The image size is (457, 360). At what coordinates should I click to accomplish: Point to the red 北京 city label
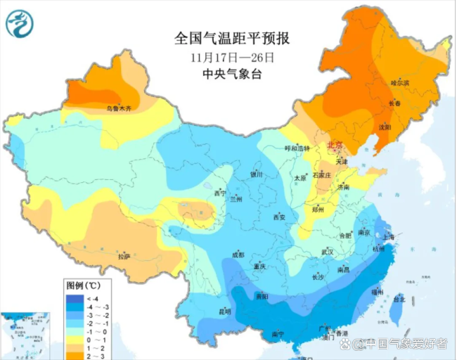tap(336, 146)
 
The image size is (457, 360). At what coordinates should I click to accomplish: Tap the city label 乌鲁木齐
tap(118, 108)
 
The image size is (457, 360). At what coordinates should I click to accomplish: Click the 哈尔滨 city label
tap(399, 83)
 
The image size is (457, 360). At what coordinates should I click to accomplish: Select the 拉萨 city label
tap(124, 256)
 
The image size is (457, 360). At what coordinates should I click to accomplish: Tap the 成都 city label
tap(237, 255)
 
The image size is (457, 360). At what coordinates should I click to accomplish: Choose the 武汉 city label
tap(328, 251)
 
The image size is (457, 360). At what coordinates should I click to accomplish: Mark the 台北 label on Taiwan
tap(397, 299)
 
